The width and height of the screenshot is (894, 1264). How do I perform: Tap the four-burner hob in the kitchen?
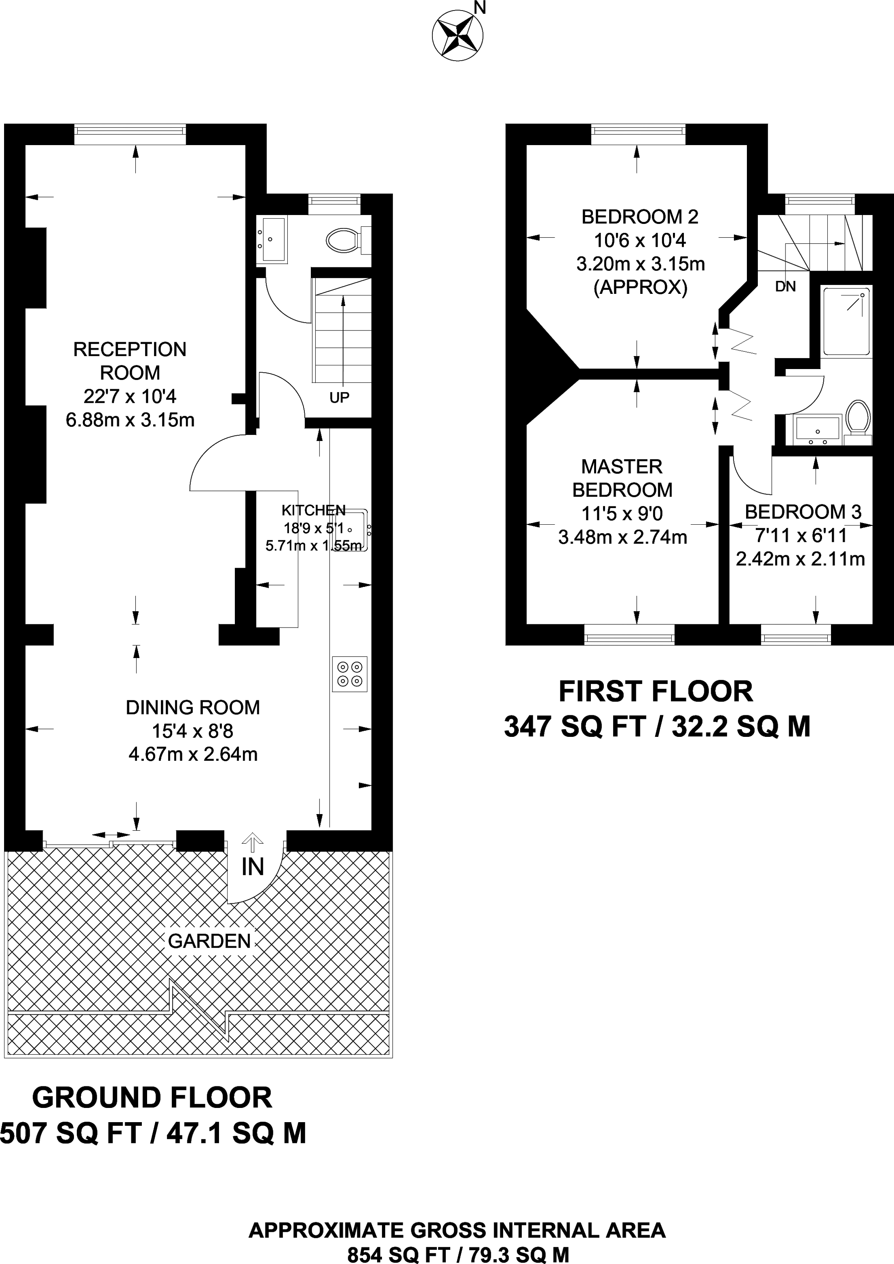[x=349, y=674]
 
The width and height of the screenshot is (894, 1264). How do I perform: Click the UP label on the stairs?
[x=339, y=397]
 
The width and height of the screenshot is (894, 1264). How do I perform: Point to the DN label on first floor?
[x=785, y=286]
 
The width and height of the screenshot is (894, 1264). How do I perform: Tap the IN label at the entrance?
[x=253, y=867]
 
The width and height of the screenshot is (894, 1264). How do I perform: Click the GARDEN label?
[x=209, y=941]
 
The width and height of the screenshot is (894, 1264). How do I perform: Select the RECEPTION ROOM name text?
[x=130, y=361]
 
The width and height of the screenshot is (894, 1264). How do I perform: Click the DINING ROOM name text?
[x=193, y=708]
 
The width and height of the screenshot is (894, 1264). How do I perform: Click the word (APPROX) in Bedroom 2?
[x=640, y=287]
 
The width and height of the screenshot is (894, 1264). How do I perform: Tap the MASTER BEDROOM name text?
[x=622, y=478]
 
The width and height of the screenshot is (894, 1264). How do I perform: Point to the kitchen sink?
[x=351, y=530]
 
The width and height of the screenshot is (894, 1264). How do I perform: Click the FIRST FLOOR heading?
[x=655, y=691]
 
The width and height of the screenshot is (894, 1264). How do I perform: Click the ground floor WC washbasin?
[x=271, y=239]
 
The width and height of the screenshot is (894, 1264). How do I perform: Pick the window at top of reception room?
[x=130, y=130]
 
